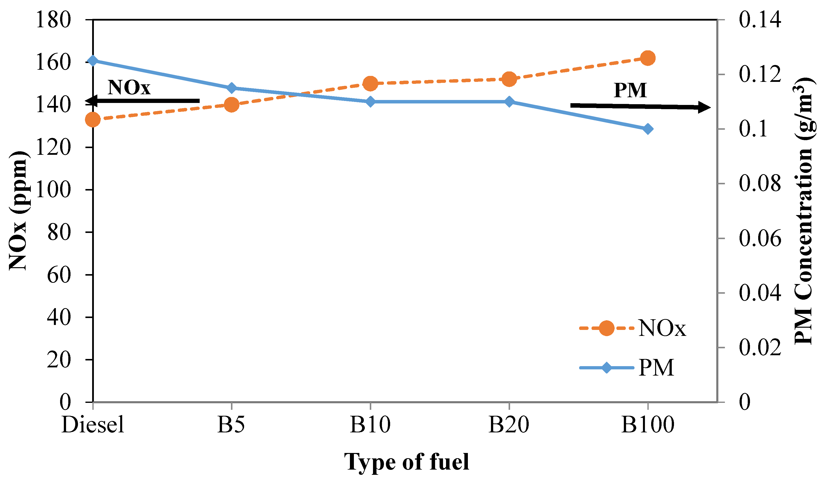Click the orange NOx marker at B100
coord(648,58)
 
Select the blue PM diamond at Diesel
coord(93,61)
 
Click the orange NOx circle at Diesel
coord(93,120)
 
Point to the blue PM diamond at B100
coord(648,129)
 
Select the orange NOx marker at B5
coord(232,105)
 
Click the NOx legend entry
coord(633,328)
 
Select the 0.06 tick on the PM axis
coord(760,239)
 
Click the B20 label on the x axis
coord(509,425)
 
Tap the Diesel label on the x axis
coord(93,425)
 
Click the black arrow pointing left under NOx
coord(144,101)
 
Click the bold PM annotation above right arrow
coord(630,90)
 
